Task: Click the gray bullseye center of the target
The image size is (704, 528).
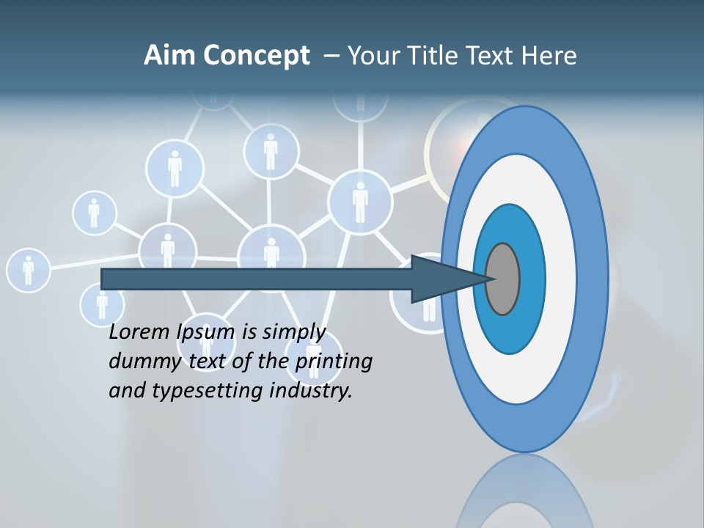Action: [503, 279]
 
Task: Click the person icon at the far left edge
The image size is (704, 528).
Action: [28, 270]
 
